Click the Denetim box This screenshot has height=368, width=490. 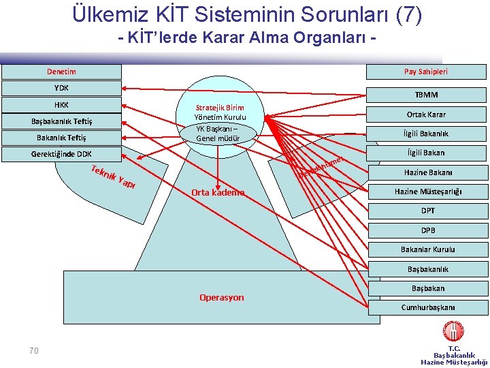(x=61, y=72)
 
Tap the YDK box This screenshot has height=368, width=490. (x=61, y=88)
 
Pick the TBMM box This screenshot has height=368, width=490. (x=426, y=95)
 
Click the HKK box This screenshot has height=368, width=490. (x=61, y=105)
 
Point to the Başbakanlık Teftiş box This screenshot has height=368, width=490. (x=61, y=121)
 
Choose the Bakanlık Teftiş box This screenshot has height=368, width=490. (x=61, y=138)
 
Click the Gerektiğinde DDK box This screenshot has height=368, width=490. (x=61, y=154)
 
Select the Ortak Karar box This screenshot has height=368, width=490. (x=426, y=114)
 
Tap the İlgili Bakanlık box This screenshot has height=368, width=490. (x=426, y=134)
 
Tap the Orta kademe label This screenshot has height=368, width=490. (x=218, y=192)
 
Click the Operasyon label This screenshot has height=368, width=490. (x=221, y=297)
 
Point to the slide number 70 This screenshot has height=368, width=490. (x=34, y=350)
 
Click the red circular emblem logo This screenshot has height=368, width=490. (x=453, y=333)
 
